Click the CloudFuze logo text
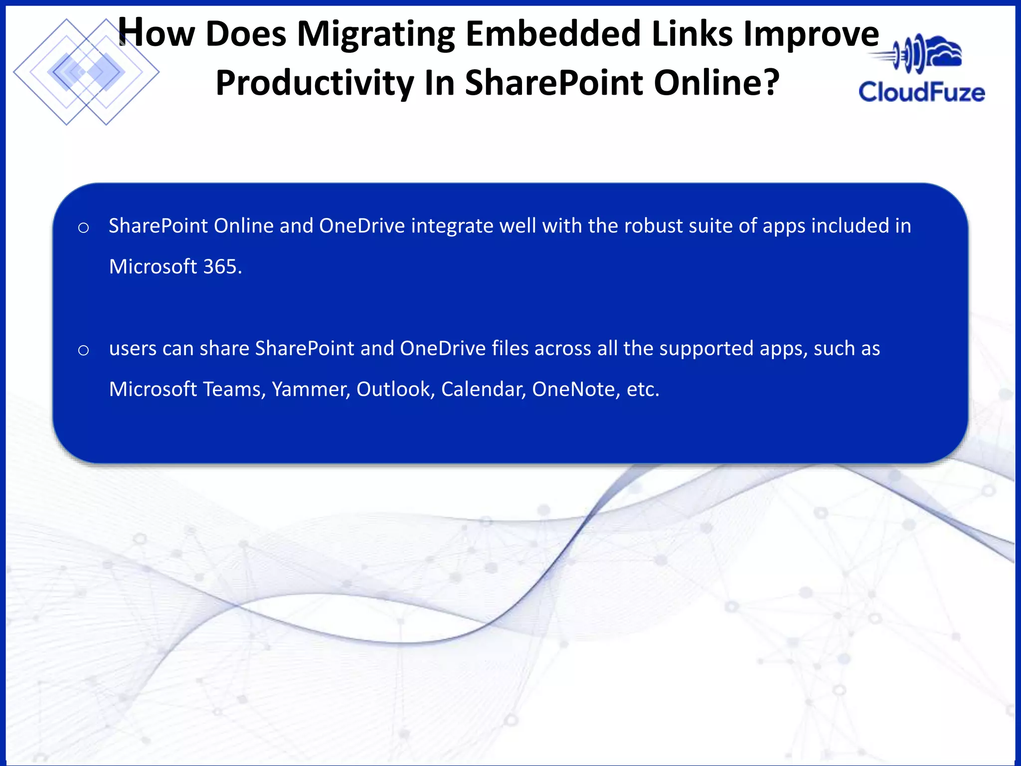coord(921,93)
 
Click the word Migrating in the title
coord(376,35)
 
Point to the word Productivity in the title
coord(315,83)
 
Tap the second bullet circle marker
coord(84,351)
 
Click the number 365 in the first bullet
coord(222,267)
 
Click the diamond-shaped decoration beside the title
coord(86,72)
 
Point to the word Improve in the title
coord(811,35)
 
